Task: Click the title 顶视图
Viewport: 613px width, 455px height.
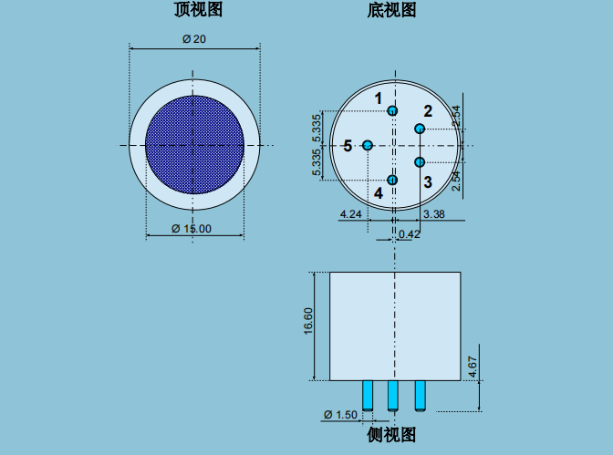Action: [x=198, y=9]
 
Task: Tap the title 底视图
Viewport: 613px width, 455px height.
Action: [x=391, y=10]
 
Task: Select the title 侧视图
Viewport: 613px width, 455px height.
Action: [x=391, y=435]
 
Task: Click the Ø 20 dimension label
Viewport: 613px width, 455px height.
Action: [x=194, y=39]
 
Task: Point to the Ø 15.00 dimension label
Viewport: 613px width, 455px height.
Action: [x=192, y=229]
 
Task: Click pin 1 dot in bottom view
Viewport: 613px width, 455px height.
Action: [x=392, y=111]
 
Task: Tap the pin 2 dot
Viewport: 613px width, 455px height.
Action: [x=420, y=129]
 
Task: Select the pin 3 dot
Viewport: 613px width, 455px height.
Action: [x=420, y=161]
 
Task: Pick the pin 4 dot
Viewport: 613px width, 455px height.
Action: [x=392, y=180]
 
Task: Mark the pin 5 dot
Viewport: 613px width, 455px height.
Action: [x=368, y=145]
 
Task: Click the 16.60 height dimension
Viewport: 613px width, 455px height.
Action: [x=308, y=321]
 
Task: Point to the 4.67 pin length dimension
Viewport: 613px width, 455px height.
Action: [x=473, y=367]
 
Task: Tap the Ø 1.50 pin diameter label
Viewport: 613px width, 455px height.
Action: [x=340, y=414]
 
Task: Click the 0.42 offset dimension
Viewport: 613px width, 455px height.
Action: [x=410, y=234]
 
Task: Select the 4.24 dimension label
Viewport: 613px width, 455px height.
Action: [x=350, y=214]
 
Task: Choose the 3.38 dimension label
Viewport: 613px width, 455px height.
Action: [x=434, y=214]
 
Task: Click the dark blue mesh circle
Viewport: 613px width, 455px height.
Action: [x=194, y=145]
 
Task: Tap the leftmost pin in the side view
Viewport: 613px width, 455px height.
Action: [x=368, y=395]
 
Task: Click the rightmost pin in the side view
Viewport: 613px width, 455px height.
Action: [x=421, y=396]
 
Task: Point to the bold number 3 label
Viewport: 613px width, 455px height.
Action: [x=428, y=182]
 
